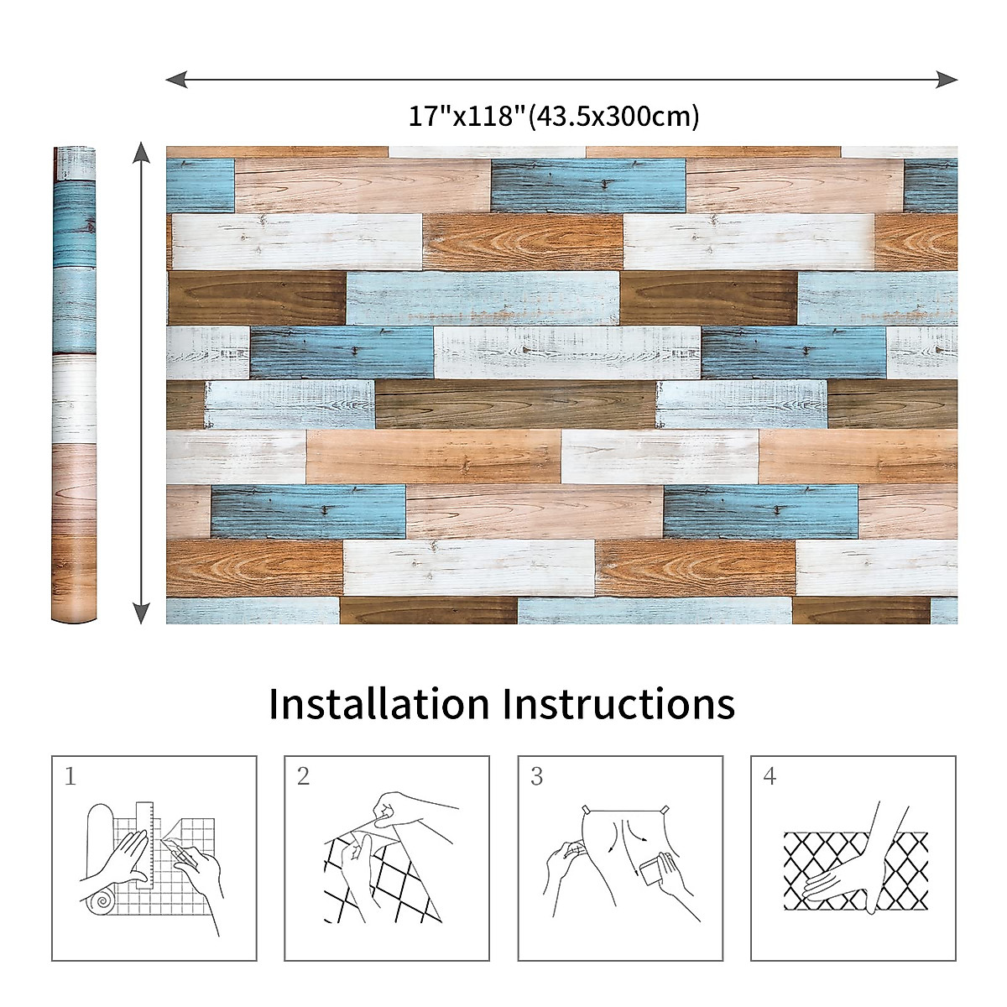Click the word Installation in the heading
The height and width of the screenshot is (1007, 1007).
(x=378, y=704)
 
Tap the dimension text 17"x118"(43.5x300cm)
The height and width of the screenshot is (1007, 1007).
(x=554, y=116)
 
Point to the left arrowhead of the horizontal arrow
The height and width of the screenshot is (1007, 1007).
(x=175, y=80)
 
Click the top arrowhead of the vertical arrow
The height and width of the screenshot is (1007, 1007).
(x=142, y=153)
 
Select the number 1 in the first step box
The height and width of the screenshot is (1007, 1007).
(x=70, y=777)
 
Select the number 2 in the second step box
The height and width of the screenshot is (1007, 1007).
(x=303, y=777)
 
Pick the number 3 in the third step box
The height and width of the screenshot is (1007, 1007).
(x=537, y=777)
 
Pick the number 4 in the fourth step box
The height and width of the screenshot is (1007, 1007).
(x=770, y=777)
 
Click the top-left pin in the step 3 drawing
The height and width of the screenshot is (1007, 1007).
(x=587, y=810)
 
